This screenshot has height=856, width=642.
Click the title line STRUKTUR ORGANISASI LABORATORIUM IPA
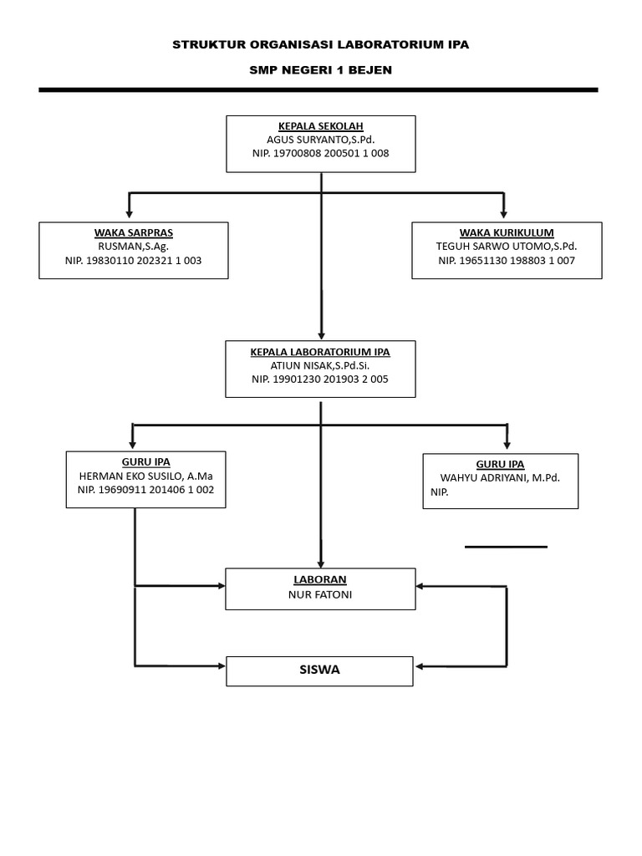pos(321,45)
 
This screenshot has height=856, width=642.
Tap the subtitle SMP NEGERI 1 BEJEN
pos(321,70)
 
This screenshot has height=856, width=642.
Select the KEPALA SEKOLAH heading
pos(321,126)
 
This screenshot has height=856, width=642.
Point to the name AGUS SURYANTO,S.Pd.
pos(321,140)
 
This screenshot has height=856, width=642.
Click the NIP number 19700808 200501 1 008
pos(321,154)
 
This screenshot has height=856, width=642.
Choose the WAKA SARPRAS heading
pos(134,232)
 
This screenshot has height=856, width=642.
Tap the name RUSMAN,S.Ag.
pos(134,247)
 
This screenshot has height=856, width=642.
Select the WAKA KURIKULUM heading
pos(507,232)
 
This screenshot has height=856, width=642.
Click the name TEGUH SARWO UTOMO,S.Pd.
pos(507,247)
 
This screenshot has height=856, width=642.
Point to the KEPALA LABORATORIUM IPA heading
pos(320,352)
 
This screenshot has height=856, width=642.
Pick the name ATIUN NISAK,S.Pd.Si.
pos(320,365)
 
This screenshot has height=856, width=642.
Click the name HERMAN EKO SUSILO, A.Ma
pos(145,476)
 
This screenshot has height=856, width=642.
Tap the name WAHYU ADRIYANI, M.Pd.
pos(500,478)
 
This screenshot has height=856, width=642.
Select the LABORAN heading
pos(320,579)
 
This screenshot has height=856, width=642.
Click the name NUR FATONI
pos(320,594)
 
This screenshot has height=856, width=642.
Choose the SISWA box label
pos(320,670)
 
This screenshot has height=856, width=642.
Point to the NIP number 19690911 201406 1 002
pos(145,490)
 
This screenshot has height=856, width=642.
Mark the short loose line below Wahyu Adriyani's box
pos(506,547)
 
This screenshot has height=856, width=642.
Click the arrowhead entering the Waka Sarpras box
pos(130,215)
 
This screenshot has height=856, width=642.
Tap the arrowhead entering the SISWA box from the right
pos(420,666)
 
